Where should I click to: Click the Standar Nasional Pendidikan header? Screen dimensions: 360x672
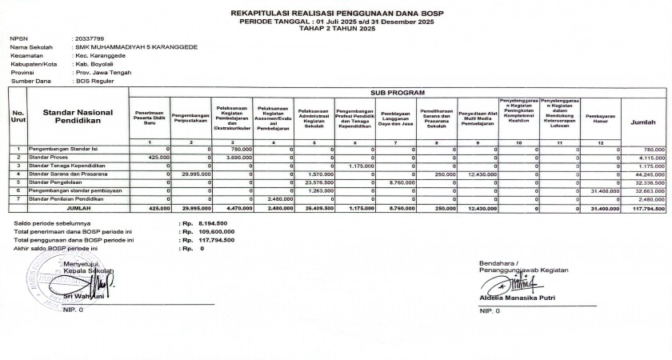tap(78, 117)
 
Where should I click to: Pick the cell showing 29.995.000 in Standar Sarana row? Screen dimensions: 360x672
tap(195, 174)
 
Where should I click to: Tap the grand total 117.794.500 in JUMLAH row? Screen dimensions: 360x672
tap(648, 208)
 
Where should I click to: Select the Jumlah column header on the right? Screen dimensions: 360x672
tap(644, 122)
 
